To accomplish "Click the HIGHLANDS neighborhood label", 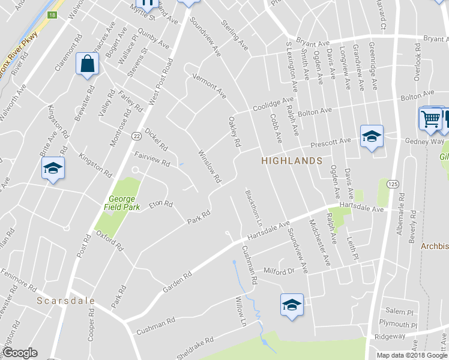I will click(x=292, y=161).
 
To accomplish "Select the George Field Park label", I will click(x=125, y=203).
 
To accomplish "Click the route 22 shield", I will click(x=137, y=136).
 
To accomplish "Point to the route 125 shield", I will click(x=393, y=182).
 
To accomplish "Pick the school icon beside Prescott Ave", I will click(x=371, y=137).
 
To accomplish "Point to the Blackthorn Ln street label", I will click(x=250, y=208).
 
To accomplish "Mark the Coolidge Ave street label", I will click(x=273, y=103).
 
